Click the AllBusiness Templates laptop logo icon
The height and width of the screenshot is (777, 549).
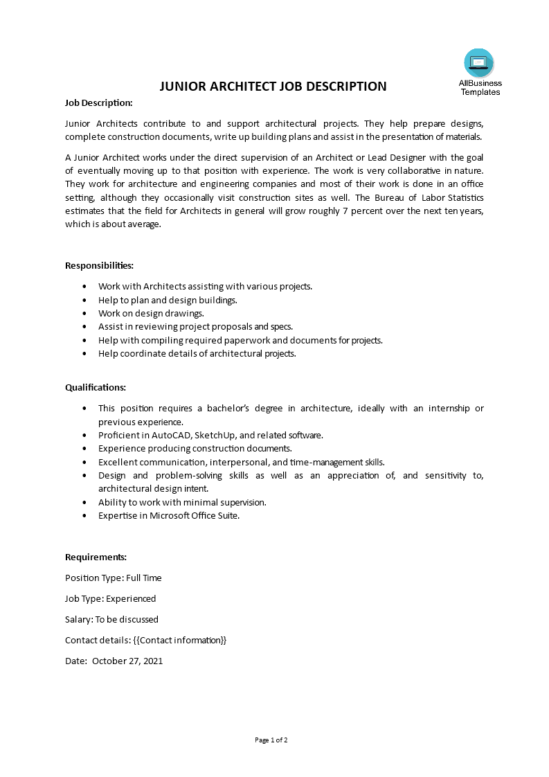coord(479,63)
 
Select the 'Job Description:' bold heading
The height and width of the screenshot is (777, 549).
coord(98,102)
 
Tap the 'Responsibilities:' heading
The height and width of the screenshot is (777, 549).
coord(99,265)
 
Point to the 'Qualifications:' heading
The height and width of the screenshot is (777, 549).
coord(96,387)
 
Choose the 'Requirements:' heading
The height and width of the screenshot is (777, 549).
coord(96,557)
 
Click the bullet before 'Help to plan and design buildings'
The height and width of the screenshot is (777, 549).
coord(84,301)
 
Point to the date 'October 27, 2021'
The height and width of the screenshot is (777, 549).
coord(127,661)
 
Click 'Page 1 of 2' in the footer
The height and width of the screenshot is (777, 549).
coord(271,740)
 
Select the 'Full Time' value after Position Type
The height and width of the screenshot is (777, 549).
coord(143,578)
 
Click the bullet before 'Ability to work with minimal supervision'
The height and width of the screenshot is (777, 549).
coord(84,502)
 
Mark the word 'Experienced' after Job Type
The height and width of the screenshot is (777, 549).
coord(131,598)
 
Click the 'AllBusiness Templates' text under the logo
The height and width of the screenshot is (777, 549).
coord(480,87)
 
